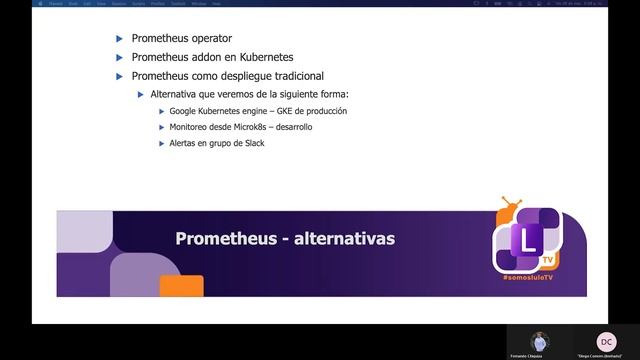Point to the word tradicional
[x=317, y=76]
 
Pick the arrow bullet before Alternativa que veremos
[x=141, y=94]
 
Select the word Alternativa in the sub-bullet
[x=173, y=94]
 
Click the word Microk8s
[x=250, y=127]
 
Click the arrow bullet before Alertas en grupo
[x=162, y=143]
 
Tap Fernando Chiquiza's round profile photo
[x=540, y=341]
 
